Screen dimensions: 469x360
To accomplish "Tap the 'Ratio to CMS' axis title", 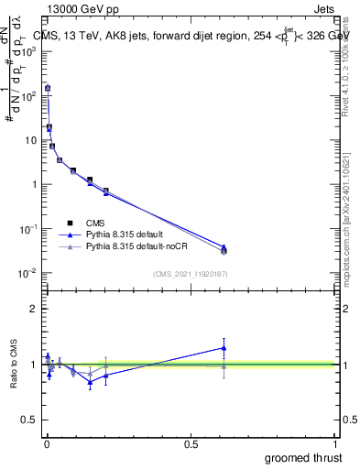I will [x=16, y=364].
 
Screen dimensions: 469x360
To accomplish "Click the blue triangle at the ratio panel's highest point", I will [x=224, y=347].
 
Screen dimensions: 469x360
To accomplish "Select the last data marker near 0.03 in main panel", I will [x=224, y=249].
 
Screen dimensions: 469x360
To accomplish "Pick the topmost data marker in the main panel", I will [x=48, y=88].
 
